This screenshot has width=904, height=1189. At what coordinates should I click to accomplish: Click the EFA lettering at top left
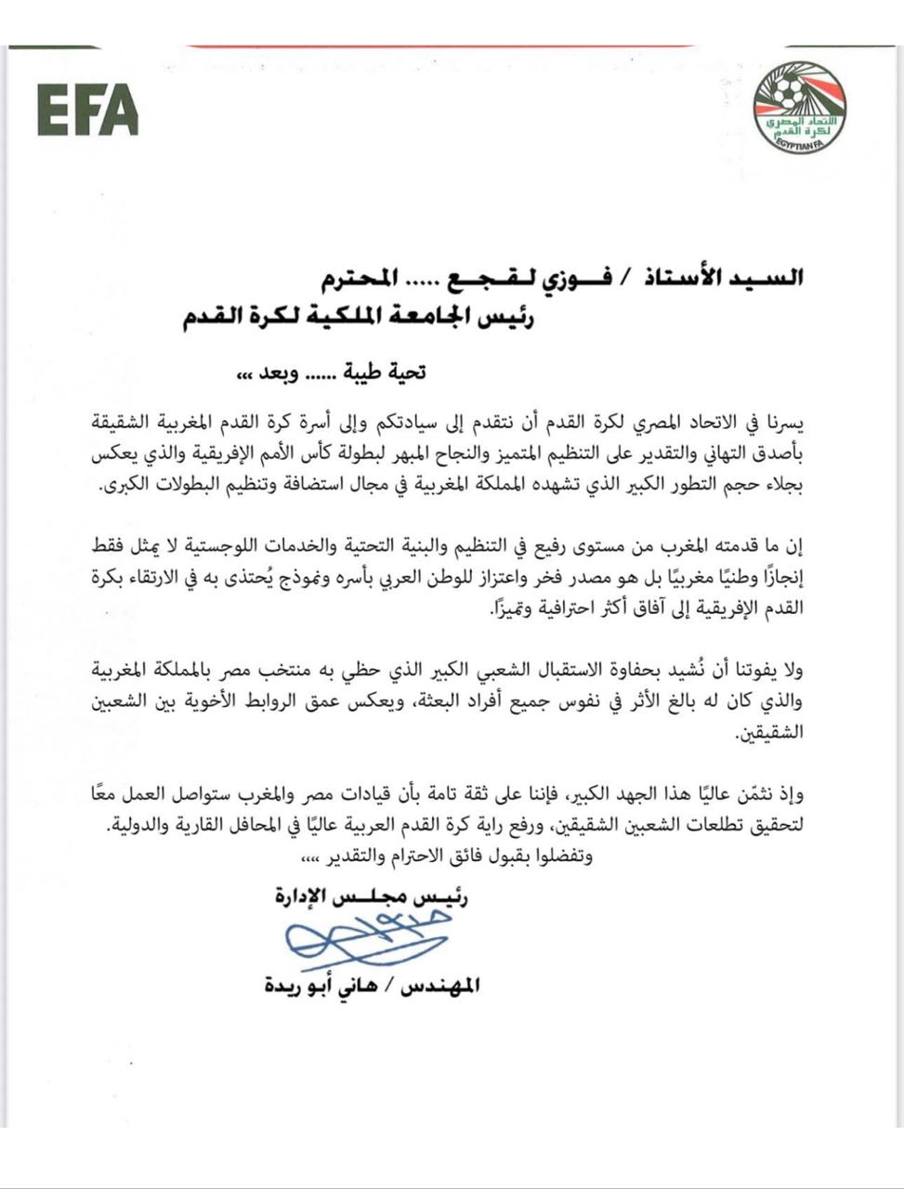[x=88, y=109]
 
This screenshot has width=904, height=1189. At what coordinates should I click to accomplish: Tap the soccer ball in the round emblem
[x=791, y=91]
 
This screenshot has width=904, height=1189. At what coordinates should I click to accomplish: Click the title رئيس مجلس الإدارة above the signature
[x=372, y=897]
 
